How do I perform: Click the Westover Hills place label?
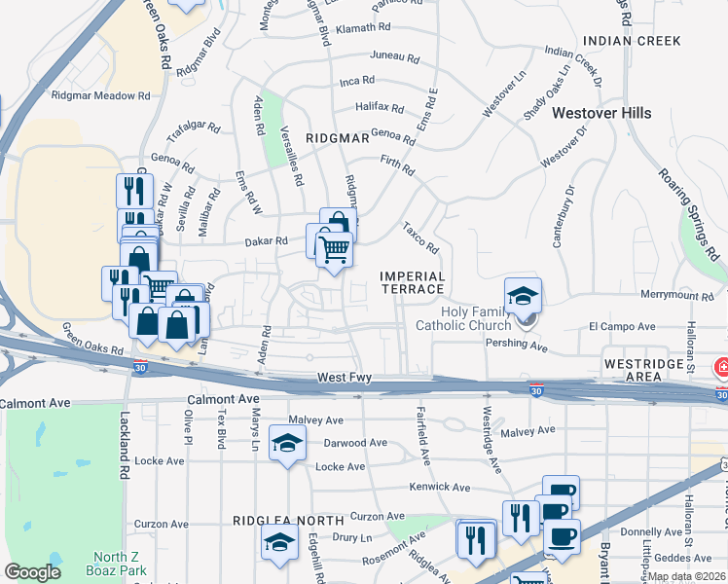[x=601, y=113]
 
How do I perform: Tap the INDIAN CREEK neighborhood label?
[x=618, y=41]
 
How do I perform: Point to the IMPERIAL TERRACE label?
[x=412, y=283]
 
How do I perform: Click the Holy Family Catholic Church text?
[x=462, y=318]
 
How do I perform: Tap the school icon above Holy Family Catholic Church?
[x=523, y=295]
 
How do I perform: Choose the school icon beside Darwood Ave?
[x=287, y=444]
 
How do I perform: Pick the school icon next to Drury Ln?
[x=279, y=541]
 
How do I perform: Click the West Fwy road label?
[x=344, y=376]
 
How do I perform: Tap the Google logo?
[x=32, y=572]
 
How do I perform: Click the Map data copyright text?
[x=685, y=576]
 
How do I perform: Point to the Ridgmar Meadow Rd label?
[x=101, y=96]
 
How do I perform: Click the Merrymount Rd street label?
[x=678, y=294]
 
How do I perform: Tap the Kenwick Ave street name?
[x=440, y=487]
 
